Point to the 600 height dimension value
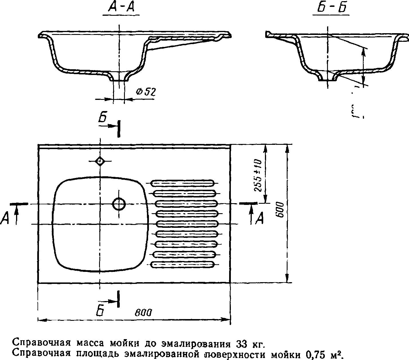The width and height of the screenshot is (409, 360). tap(280, 209)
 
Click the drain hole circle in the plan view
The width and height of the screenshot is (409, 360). tap(119, 204)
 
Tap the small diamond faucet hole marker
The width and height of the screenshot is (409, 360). tap(100, 161)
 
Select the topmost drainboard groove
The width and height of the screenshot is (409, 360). tap(182, 183)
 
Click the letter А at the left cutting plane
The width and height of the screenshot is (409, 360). tap(5, 219)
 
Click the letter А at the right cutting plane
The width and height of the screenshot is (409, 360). tap(259, 219)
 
